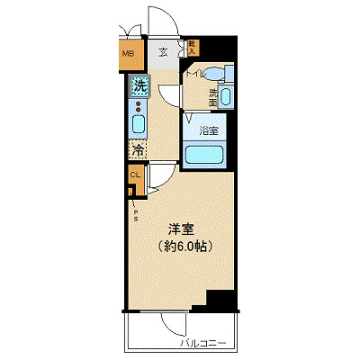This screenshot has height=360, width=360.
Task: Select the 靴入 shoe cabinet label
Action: [x=192, y=46]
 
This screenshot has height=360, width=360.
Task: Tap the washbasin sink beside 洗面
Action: [x=226, y=96]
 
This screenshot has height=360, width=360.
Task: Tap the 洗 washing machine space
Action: [x=139, y=86]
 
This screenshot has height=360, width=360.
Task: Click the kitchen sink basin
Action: [x=139, y=124]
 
